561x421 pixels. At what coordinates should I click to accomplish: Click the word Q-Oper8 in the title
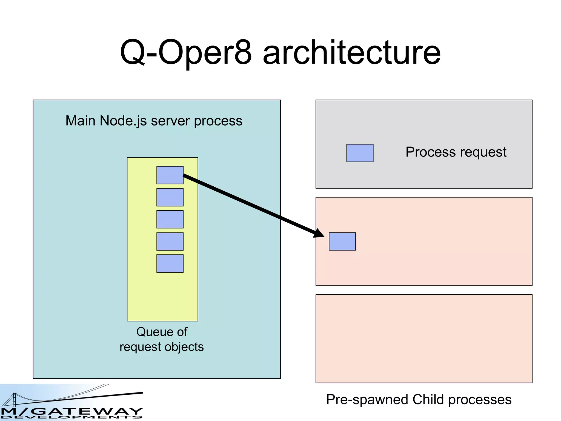point(186,52)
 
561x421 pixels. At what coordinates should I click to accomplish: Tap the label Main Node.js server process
point(154,121)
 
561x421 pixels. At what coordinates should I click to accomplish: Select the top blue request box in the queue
point(170,175)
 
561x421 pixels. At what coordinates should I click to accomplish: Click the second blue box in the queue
point(170,197)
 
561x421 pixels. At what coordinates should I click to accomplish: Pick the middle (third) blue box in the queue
point(170,219)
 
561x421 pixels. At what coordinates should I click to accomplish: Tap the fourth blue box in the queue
point(170,241)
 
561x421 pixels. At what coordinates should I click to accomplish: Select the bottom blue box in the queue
point(170,263)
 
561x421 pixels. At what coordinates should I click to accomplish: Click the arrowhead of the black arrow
point(319,233)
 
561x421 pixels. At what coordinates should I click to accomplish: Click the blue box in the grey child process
point(360,153)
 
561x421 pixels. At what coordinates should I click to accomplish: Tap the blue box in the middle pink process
point(342,241)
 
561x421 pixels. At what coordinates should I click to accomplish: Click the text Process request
point(456,152)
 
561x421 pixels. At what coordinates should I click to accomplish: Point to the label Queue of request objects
point(162,339)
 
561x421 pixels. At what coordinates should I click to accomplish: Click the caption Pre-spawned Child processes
point(419,399)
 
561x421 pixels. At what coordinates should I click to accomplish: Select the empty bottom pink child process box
point(424,338)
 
